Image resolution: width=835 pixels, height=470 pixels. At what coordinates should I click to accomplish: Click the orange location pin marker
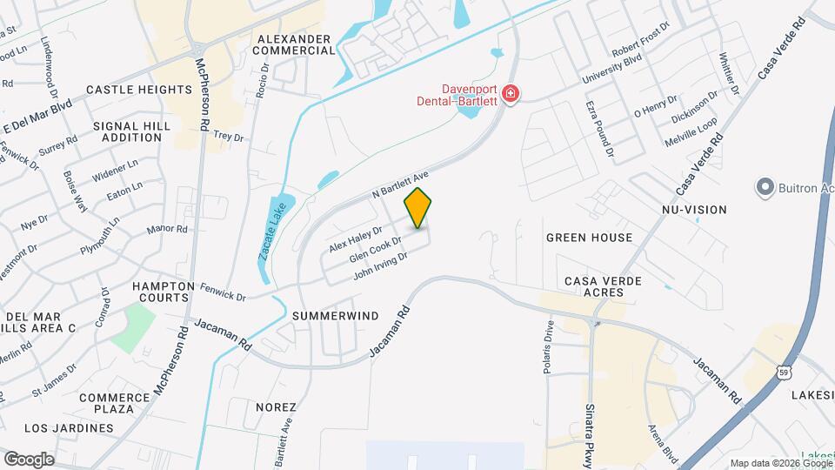tap(417, 208)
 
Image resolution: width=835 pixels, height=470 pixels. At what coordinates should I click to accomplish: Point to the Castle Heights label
tap(138, 90)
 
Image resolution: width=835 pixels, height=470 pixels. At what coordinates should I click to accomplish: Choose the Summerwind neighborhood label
tap(336, 316)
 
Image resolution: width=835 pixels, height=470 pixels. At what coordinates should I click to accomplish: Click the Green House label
tap(589, 238)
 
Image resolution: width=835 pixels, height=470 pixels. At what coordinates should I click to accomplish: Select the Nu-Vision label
tap(693, 210)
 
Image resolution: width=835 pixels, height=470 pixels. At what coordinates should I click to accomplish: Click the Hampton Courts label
tap(163, 292)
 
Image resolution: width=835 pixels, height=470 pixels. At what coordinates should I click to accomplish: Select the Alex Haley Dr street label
tap(356, 238)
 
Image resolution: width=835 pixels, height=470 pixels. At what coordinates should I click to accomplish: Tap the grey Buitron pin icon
tap(765, 187)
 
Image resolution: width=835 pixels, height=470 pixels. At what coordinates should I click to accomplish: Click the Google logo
tap(29, 459)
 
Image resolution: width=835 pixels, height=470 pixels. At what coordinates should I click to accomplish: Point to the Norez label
tap(276, 406)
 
